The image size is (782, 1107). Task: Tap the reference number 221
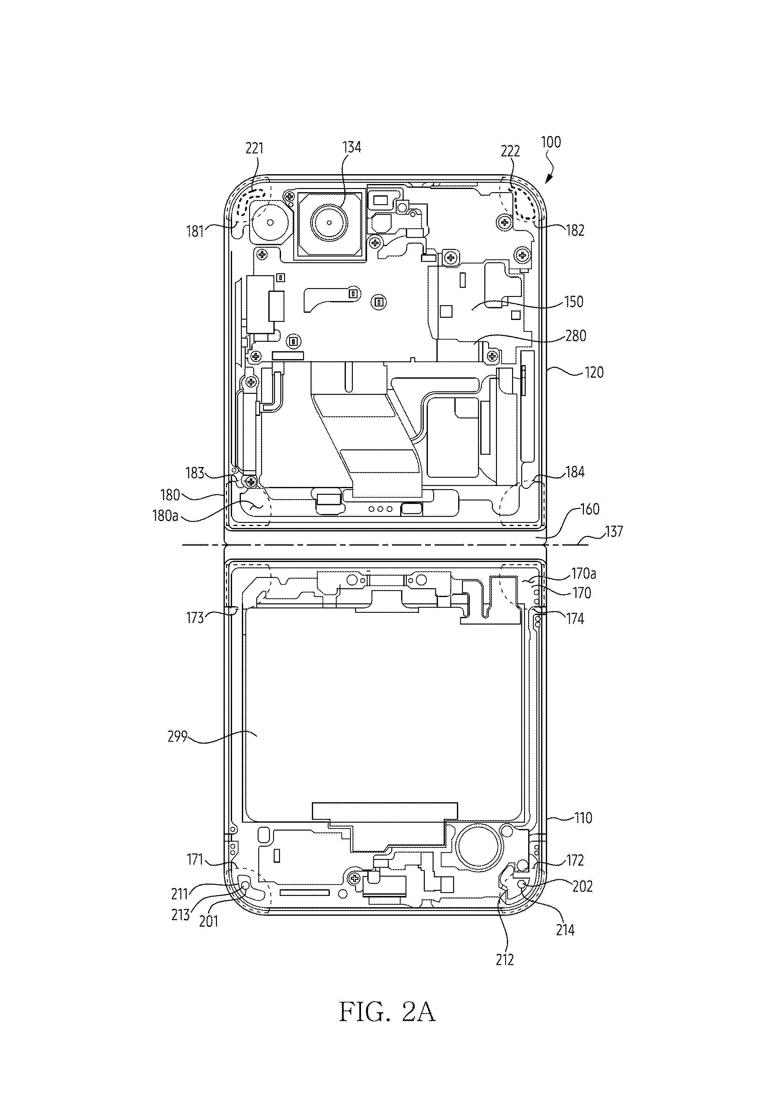[255, 148]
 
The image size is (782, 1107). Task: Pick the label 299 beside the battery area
[177, 737]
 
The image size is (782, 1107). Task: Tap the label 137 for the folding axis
[614, 532]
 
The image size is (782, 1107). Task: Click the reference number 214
[566, 930]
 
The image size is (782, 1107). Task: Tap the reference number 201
[209, 922]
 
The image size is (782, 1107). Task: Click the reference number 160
[589, 509]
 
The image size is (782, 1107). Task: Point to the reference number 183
[195, 473]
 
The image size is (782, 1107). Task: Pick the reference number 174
[575, 619]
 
